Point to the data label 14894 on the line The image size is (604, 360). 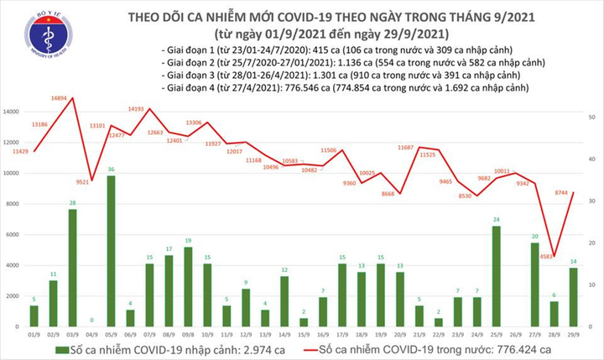pos(58,99)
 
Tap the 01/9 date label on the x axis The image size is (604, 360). pos(34,332)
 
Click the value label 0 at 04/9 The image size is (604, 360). pos(92,320)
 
